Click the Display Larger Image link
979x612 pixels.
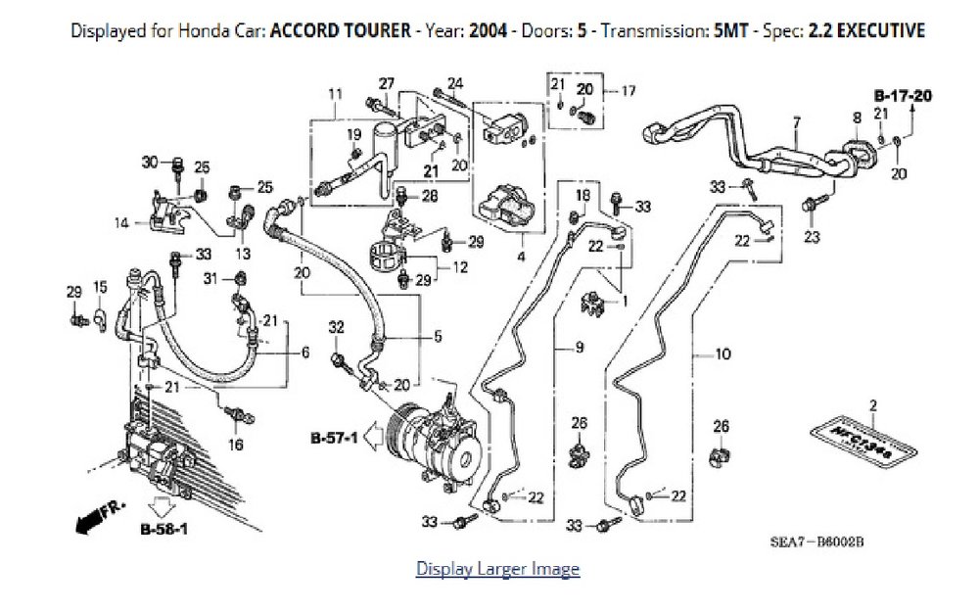click(x=497, y=569)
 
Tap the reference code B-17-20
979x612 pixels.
click(x=902, y=96)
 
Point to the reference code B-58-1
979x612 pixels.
click(x=163, y=532)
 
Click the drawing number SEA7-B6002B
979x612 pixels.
click(x=819, y=541)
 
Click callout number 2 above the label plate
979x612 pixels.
click(x=872, y=404)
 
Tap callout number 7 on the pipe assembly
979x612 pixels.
click(x=796, y=122)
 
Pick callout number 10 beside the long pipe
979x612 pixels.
click(x=723, y=354)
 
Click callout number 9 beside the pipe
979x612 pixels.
click(x=579, y=348)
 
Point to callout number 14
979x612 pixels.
click(x=121, y=223)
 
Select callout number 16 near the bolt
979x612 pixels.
click(x=236, y=444)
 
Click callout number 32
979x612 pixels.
click(x=336, y=326)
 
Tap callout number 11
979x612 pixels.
click(x=335, y=94)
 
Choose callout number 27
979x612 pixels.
click(x=387, y=82)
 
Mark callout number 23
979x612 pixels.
click(x=812, y=236)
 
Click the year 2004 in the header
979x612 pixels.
click(x=487, y=30)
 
